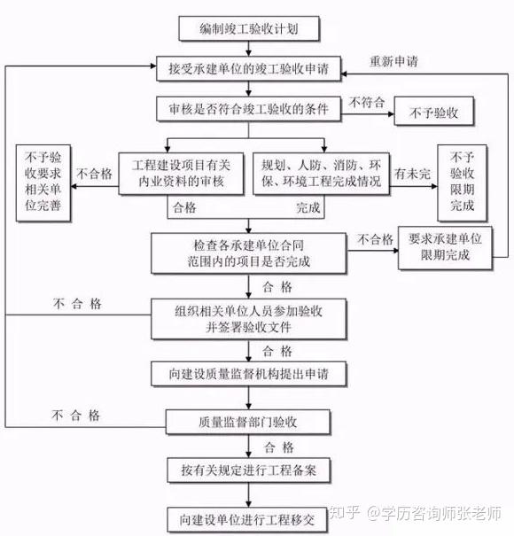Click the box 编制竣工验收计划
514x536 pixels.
249,28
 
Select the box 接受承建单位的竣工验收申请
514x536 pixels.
249,69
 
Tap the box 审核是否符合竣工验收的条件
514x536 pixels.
249,109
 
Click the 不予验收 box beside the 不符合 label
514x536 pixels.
434,111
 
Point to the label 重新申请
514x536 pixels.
394,61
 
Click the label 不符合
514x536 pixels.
367,102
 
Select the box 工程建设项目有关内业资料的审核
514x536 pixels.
181,174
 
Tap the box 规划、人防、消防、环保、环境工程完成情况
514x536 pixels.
321,174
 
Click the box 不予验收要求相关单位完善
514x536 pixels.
43,183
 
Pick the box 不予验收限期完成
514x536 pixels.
462,183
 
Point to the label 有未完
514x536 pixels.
412,174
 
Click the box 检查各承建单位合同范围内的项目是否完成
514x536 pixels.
249,253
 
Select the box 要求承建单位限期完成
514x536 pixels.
445,247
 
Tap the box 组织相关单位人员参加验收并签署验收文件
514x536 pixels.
249,319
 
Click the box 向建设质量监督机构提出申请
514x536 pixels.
249,374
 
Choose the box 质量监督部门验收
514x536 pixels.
248,423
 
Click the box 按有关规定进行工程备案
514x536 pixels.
249,470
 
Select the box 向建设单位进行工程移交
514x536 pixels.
247,519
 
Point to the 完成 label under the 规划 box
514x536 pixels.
308,207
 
